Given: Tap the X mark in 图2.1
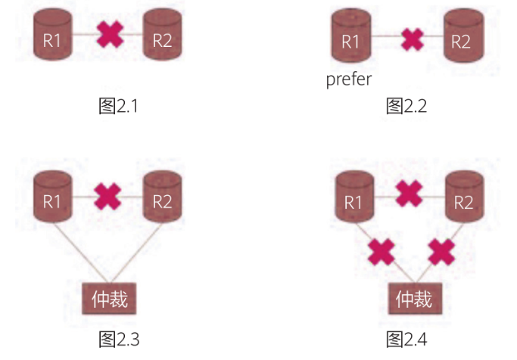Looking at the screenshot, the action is coord(110,35).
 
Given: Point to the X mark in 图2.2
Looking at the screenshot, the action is coord(412,38).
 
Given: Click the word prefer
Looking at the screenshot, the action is coord(349,79).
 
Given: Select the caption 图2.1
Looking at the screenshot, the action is coord(119,106).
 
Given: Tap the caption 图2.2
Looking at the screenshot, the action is coord(406,106).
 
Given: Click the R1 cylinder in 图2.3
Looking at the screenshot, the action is coord(52,197).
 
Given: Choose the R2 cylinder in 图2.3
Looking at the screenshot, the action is coord(163,197).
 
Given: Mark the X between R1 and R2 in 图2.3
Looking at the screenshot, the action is coord(108,197).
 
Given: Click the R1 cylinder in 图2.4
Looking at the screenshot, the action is coord(353,197).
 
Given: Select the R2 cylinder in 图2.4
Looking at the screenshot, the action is coord(463,197).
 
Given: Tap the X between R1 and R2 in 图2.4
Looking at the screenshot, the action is coord(409,194).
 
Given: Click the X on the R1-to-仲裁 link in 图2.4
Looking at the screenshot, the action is coord(381,252).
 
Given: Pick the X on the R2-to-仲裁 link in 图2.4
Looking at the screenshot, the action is coord(440,252).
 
